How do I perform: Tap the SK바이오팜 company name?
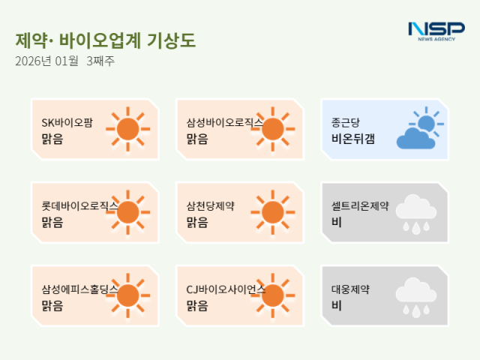point(67,122)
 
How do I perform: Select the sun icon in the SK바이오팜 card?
point(128,129)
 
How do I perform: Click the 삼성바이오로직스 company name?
point(224,122)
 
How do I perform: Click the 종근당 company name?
point(346,122)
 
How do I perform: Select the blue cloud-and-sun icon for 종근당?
point(418,129)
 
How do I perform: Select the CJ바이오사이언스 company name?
point(225,289)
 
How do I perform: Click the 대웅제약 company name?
point(350,289)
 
